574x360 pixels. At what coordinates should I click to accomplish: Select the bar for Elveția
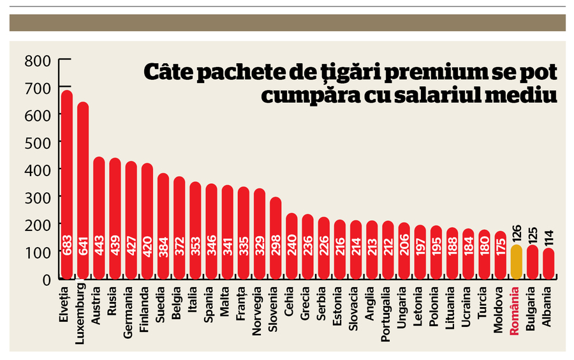pyautogui.click(x=66, y=185)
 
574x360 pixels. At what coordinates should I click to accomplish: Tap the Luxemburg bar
pyautogui.click(x=83, y=191)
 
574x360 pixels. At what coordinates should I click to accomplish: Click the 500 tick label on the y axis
pyautogui.click(x=36, y=142)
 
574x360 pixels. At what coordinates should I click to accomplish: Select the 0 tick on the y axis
pyautogui.click(x=45, y=279)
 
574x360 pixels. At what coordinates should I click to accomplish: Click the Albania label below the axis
pyautogui.click(x=548, y=304)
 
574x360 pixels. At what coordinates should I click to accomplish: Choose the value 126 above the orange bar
pyautogui.click(x=516, y=230)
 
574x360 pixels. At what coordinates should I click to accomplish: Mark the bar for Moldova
pyautogui.click(x=500, y=255)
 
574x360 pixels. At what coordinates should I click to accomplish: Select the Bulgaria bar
pyautogui.click(x=532, y=262)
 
